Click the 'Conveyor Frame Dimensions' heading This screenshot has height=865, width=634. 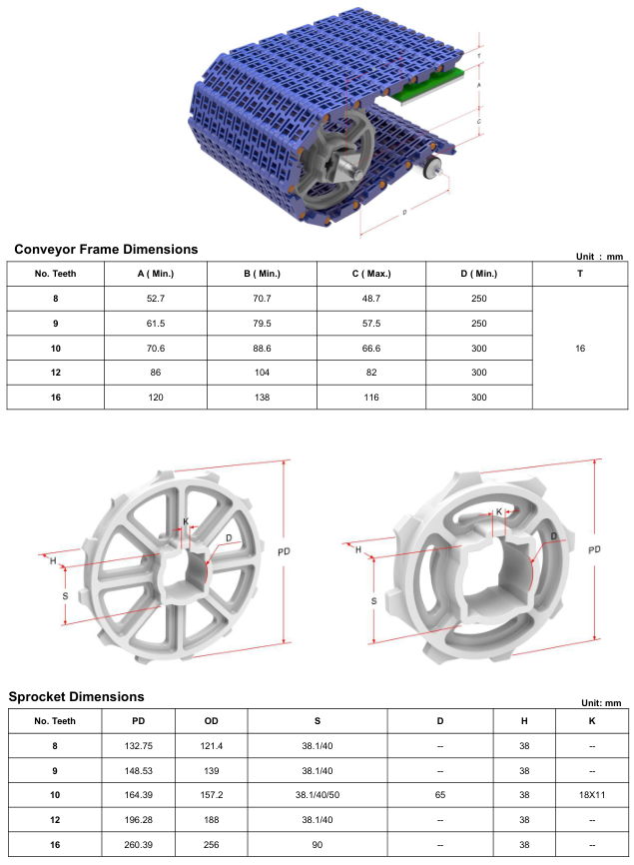[x=106, y=249]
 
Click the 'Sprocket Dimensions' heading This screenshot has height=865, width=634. [x=77, y=696]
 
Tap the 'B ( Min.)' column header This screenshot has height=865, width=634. [x=262, y=274]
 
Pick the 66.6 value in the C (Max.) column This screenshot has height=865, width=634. [x=370, y=348]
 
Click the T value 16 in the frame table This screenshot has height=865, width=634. [x=580, y=349]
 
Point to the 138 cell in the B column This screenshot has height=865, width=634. [x=262, y=397]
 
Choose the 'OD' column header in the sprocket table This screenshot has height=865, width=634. [x=211, y=720]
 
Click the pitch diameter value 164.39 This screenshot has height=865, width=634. [x=138, y=795]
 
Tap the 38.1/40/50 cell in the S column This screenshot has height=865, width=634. [x=317, y=795]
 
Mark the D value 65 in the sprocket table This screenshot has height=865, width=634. [x=440, y=795]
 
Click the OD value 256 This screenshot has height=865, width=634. [x=211, y=844]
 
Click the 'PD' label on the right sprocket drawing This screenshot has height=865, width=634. [x=596, y=550]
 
